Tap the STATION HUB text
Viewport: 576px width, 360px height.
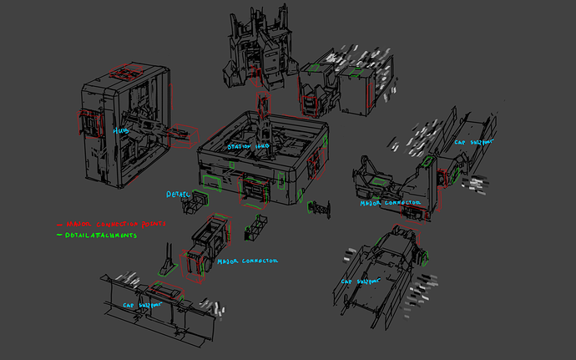249,146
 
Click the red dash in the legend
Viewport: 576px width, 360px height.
58,225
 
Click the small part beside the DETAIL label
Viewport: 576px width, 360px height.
200,198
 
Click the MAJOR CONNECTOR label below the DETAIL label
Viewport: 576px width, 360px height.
247,261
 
